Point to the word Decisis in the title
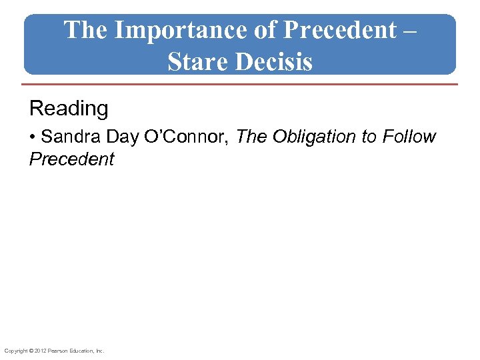pos(273,61)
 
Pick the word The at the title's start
pos(86,31)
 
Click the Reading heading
pos(69,108)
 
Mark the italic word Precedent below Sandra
pos(72,159)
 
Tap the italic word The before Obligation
pos(251,137)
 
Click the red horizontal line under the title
pos(240,85)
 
